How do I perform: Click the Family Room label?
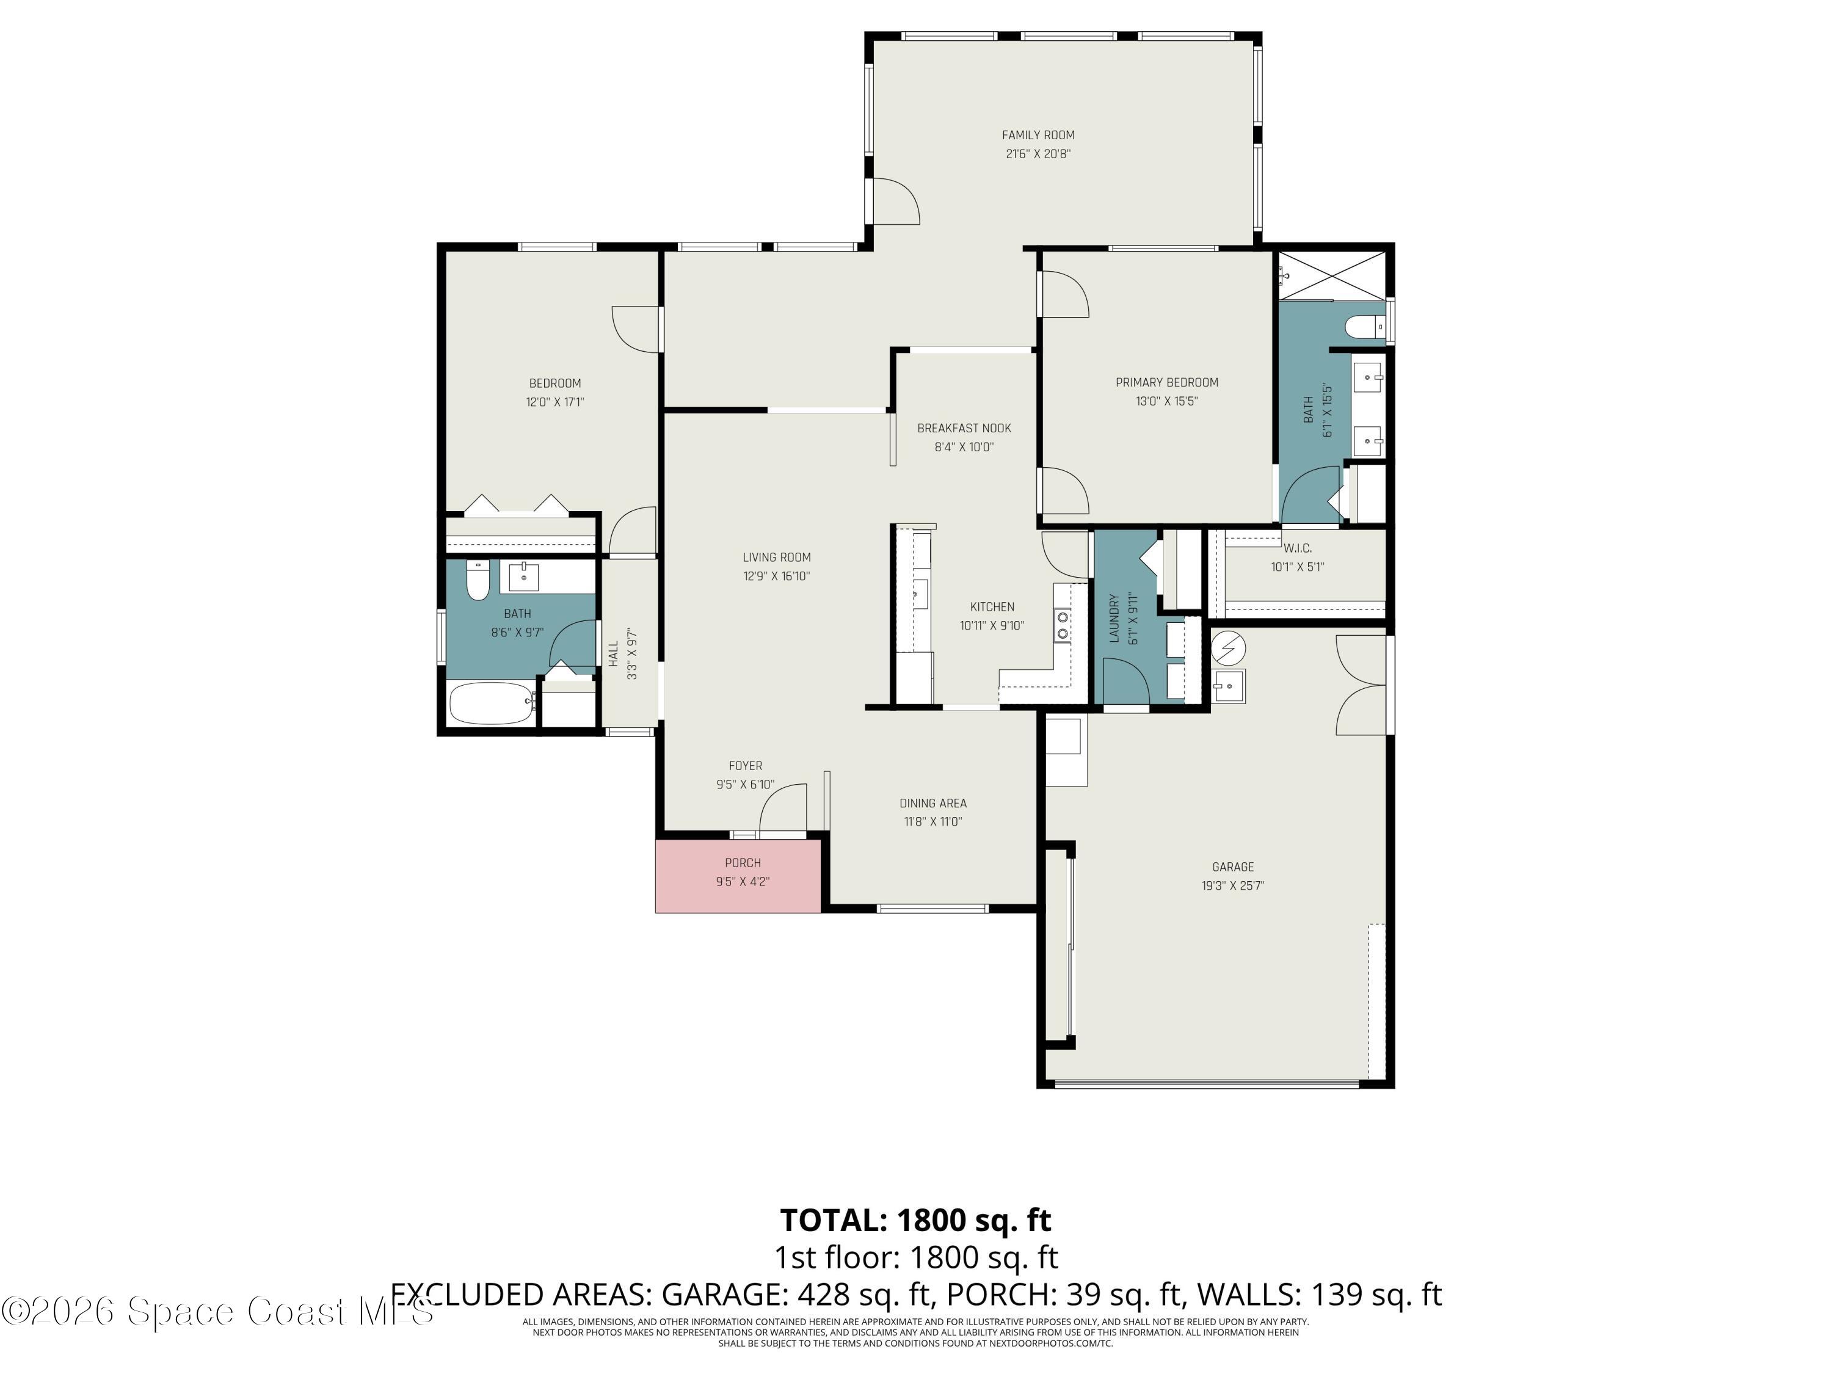[1038, 135]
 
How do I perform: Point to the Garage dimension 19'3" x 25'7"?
[1232, 885]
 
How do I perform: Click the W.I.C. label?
[1297, 548]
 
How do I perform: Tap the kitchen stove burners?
[1062, 625]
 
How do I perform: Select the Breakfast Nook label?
[964, 428]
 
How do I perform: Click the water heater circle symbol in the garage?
[1228, 648]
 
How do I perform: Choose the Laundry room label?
[1114, 618]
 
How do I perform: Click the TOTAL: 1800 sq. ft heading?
[915, 1220]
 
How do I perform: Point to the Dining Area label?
[932, 804]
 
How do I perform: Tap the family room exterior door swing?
[896, 202]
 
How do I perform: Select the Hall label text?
[614, 653]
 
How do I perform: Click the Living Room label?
[776, 558]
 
